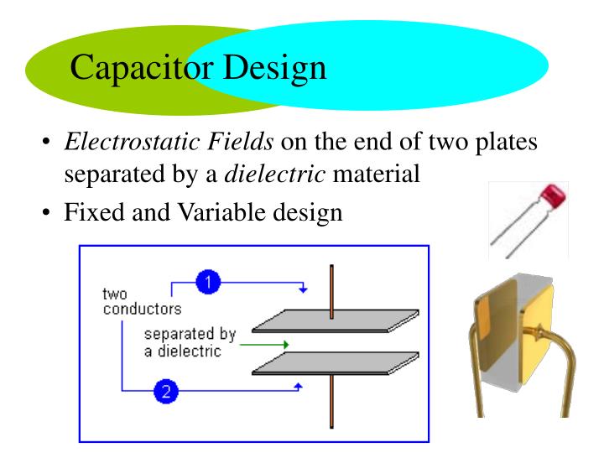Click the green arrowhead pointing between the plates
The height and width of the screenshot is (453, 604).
[x=286, y=344]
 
